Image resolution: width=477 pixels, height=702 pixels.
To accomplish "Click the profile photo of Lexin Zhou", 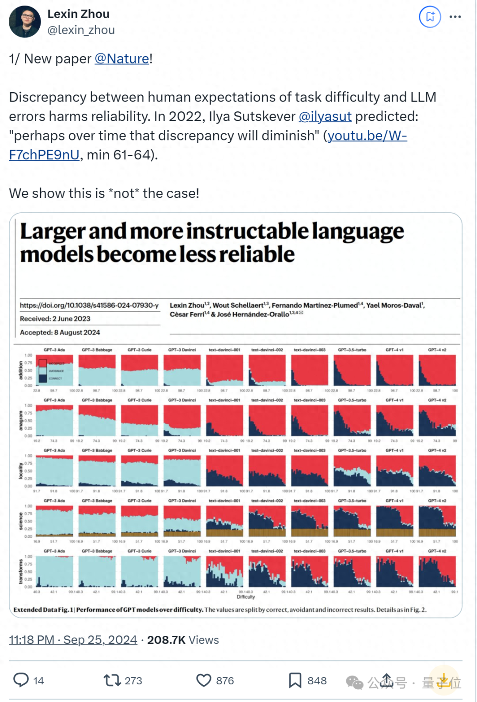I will pos(25,22).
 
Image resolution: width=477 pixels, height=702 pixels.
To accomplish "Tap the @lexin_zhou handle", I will pos(81,30).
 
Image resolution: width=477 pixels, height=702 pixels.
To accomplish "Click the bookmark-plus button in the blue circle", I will pos(430,17).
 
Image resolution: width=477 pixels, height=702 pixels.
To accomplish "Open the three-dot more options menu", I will pos(455,17).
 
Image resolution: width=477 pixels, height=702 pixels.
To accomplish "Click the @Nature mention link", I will pos(122,59).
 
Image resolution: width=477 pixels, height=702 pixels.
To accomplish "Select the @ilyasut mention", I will pos(325,117).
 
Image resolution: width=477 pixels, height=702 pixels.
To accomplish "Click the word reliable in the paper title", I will pos(257,255).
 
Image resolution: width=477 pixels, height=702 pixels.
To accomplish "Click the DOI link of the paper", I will pos(89,306).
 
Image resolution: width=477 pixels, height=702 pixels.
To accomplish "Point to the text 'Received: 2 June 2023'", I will pos(55,319).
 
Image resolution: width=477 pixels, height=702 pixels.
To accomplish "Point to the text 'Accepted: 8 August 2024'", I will pos(60,332).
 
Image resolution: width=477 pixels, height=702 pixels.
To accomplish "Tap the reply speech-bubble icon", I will pos(21,680).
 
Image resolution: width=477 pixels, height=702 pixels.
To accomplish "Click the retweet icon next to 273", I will pos(112,680).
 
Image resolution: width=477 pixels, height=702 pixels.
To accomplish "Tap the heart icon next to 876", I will pos(204,680).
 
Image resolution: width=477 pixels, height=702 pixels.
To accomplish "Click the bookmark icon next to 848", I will pos(295,680).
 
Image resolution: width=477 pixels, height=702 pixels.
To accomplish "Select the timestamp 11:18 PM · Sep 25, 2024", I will pos(73,640).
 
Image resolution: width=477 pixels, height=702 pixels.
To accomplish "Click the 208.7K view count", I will pos(166,640).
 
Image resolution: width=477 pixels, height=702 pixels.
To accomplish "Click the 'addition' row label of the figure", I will pos(20,370).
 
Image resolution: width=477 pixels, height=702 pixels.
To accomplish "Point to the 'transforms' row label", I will pos(20,571).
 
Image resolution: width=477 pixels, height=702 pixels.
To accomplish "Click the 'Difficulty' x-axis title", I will pos(246,597).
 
